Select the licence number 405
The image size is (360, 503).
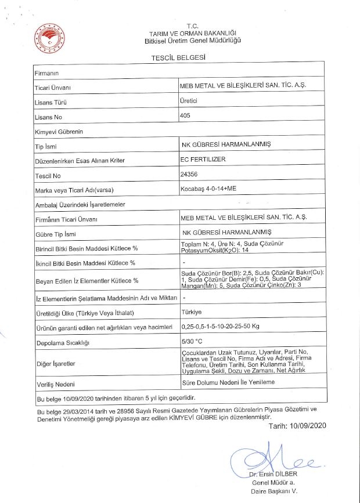(x=186, y=115)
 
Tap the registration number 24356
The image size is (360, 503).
(x=190, y=173)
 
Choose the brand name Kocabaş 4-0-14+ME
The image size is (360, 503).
(x=209, y=189)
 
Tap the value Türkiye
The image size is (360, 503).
(x=192, y=312)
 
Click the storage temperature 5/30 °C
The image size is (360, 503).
(x=192, y=342)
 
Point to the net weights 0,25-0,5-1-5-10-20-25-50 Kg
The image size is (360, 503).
(x=220, y=327)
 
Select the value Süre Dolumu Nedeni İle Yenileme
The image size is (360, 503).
(x=228, y=383)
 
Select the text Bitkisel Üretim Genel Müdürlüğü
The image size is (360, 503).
(x=192, y=41)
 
